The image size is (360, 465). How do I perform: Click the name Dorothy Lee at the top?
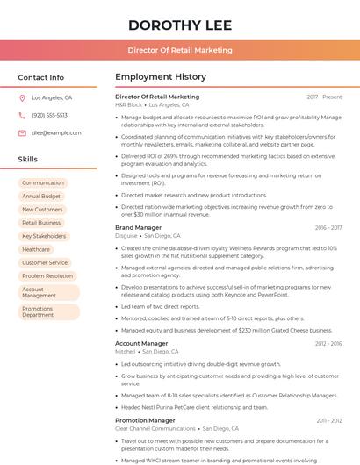tap(179, 25)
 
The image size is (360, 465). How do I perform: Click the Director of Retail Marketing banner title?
tap(179, 50)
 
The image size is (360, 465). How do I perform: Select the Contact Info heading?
tap(41, 77)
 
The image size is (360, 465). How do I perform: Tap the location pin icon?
tap(22, 98)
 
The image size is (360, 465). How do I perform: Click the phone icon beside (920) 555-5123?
tap(22, 116)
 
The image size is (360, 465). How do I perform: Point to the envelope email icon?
tap(22, 133)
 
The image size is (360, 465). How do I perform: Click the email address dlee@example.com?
tap(56, 133)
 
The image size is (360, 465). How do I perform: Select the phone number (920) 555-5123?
tap(49, 116)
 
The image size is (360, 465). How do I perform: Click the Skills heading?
tap(28, 160)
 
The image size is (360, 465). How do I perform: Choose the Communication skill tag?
tap(43, 182)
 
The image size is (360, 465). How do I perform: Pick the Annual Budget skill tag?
tap(41, 197)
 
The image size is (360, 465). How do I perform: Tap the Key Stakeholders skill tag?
tap(44, 236)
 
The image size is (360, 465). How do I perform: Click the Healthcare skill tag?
tap(36, 249)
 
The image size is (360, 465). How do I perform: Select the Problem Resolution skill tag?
tap(47, 275)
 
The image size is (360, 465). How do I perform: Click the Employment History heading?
tap(161, 77)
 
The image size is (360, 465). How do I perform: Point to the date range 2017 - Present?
tap(324, 97)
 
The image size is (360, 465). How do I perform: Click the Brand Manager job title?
tap(138, 228)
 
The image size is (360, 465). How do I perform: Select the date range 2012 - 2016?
tap(327, 344)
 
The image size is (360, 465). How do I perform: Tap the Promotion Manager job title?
tap(145, 420)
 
